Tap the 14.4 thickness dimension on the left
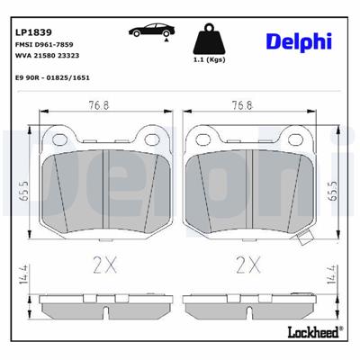[x=22, y=275]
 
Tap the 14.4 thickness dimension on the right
[x=334, y=275]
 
